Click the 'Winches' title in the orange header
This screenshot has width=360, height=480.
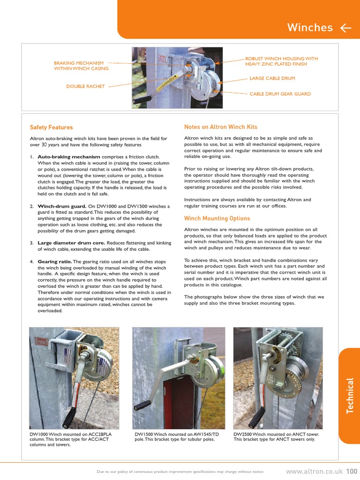coord(310,28)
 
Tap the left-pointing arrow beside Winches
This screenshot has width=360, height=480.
coord(346,28)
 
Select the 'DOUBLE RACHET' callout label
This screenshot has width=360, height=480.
coord(85,86)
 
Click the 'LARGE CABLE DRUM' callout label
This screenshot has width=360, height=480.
coord(272,78)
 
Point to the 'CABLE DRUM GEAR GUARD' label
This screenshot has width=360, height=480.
coord(280,94)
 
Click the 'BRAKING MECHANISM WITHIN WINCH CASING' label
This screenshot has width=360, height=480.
coord(81,66)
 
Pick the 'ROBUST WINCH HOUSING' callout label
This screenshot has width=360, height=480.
coord(281,61)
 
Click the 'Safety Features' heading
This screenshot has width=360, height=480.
coord(51,127)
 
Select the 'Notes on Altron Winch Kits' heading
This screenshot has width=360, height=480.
coord(221,127)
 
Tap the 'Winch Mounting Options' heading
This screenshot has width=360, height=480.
coord(217,218)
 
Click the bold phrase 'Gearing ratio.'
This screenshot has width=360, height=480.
coord(54,262)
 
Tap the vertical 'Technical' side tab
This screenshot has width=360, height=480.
coord(350,396)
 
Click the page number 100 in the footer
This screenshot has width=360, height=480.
coord(352,471)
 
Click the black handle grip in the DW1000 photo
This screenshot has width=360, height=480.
coord(69,415)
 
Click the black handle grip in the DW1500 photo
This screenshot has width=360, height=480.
coord(142,405)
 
